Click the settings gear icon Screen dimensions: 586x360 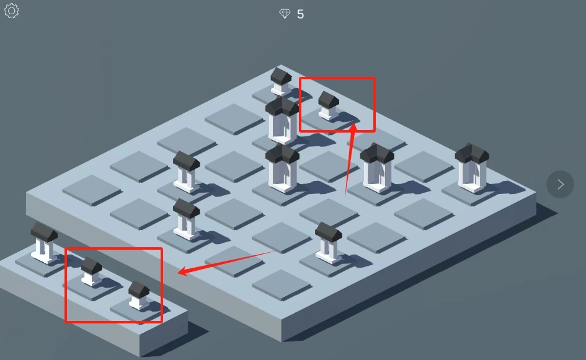pos(12,11)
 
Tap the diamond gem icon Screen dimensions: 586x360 pos(285,14)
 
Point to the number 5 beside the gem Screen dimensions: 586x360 pos(301,15)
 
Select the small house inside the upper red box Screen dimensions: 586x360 pos(329,106)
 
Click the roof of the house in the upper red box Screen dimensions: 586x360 pos(329,99)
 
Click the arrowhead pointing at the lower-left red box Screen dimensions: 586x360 pos(183,271)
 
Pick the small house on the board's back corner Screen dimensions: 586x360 pos(281,81)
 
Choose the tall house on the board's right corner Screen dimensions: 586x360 pos(472,168)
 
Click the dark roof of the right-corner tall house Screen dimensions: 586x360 pos(472,153)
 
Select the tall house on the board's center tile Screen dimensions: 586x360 pos(282,168)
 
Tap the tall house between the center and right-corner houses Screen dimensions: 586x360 pos(377,168)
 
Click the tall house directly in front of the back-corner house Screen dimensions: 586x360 pos(282,120)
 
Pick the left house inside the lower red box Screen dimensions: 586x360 pos(92,271)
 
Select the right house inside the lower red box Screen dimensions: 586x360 pos(139,296)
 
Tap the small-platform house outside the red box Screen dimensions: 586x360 pos(44,243)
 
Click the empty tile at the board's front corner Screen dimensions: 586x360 pos(282,285)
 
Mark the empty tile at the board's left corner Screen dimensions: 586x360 pos(92,190)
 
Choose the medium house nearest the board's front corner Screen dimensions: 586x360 pos(329,243)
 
